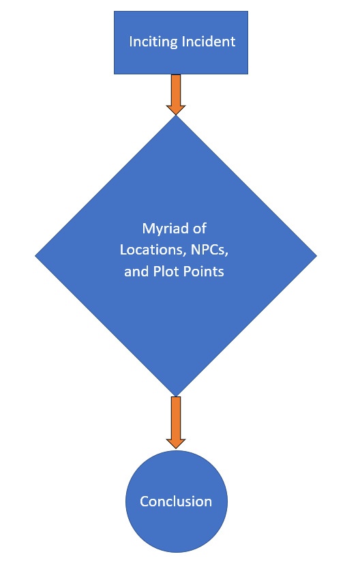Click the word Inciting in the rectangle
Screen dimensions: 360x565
[x=153, y=42]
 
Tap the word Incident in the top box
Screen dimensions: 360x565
[x=209, y=42]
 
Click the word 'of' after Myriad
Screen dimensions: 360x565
[x=200, y=229]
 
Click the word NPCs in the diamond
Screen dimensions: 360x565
[x=209, y=250]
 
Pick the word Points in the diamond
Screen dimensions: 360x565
[x=204, y=272]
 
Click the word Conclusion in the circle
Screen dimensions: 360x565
[x=176, y=502]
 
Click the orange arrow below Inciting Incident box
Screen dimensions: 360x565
[x=176, y=95]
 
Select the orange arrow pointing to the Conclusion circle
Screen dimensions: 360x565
[x=176, y=422]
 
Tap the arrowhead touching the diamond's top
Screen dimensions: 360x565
[x=176, y=110]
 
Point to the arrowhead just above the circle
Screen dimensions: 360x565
[x=176, y=444]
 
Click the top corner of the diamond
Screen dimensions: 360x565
[x=176, y=115]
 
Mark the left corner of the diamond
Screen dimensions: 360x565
[x=35, y=256]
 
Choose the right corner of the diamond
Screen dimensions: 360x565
[x=317, y=256]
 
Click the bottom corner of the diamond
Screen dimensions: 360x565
[x=176, y=396]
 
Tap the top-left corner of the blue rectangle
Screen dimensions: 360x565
[x=114, y=11]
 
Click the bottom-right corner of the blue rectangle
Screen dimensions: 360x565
[x=248, y=74]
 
